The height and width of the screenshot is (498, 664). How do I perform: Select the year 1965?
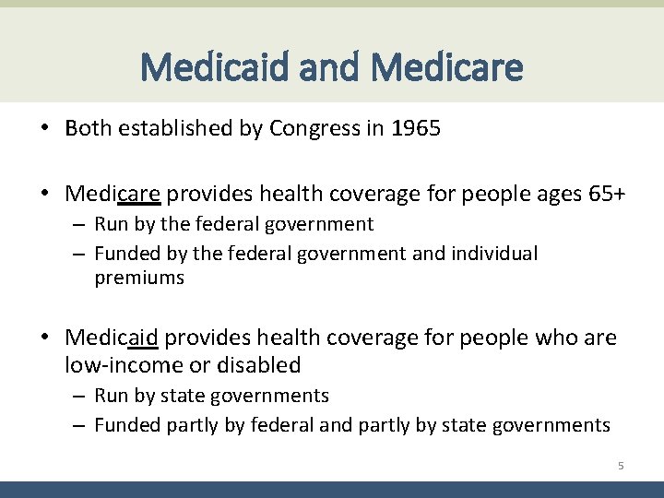[x=416, y=128]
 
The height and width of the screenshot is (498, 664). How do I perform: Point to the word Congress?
[x=313, y=128]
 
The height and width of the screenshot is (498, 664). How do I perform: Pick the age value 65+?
[x=606, y=195]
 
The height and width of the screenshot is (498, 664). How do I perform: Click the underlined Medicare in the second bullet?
[x=113, y=195]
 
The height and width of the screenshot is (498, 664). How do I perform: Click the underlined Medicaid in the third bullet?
[x=112, y=338]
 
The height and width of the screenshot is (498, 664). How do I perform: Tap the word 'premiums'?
[x=139, y=279]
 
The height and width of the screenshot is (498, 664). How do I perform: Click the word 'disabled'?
[x=258, y=365]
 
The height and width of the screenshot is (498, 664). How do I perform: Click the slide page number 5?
[x=621, y=467]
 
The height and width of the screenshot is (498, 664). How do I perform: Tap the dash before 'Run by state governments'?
[x=79, y=397]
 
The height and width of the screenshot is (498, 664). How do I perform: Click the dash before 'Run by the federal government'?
[x=79, y=225]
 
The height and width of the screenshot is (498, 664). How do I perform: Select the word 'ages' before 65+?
[x=556, y=195]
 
